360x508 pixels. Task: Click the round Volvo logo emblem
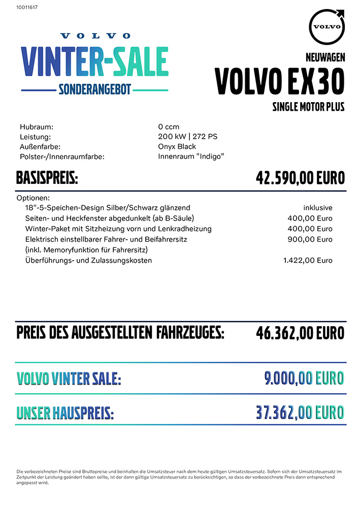pyautogui.click(x=326, y=26)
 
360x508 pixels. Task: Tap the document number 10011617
pyautogui.click(x=27, y=7)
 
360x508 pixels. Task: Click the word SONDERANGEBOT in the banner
pyautogui.click(x=95, y=89)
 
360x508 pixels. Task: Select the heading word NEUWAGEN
pyautogui.click(x=325, y=57)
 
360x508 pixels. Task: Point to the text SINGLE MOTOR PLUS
pyautogui.click(x=308, y=107)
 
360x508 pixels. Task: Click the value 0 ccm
pyautogui.click(x=169, y=127)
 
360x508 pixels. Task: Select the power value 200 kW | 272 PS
pyautogui.click(x=188, y=137)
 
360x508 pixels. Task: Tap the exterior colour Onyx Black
pyautogui.click(x=177, y=147)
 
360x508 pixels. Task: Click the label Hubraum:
pyautogui.click(x=37, y=127)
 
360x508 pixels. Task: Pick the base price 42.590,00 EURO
pyautogui.click(x=300, y=178)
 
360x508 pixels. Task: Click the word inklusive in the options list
pyautogui.click(x=318, y=208)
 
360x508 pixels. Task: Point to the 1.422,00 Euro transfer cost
pyautogui.click(x=308, y=261)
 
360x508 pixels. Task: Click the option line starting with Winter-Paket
pyautogui.click(x=118, y=229)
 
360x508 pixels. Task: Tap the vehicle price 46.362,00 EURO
pyautogui.click(x=300, y=333)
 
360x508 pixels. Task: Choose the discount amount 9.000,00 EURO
pyautogui.click(x=304, y=378)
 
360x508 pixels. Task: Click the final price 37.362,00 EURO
pyautogui.click(x=300, y=412)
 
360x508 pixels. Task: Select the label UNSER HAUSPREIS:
pyautogui.click(x=65, y=414)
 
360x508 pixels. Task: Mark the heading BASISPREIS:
pyautogui.click(x=47, y=179)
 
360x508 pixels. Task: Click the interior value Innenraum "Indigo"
pyautogui.click(x=191, y=156)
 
